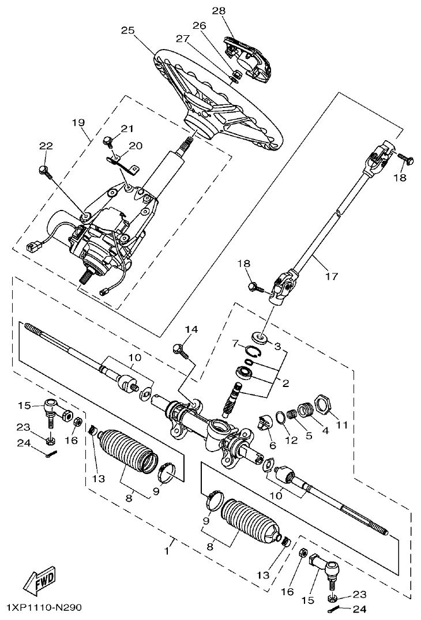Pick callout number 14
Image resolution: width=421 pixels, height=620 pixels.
tap(191, 329)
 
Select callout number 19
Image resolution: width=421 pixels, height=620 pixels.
tap(78, 122)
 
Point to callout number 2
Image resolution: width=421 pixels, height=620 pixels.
tap(286, 382)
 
